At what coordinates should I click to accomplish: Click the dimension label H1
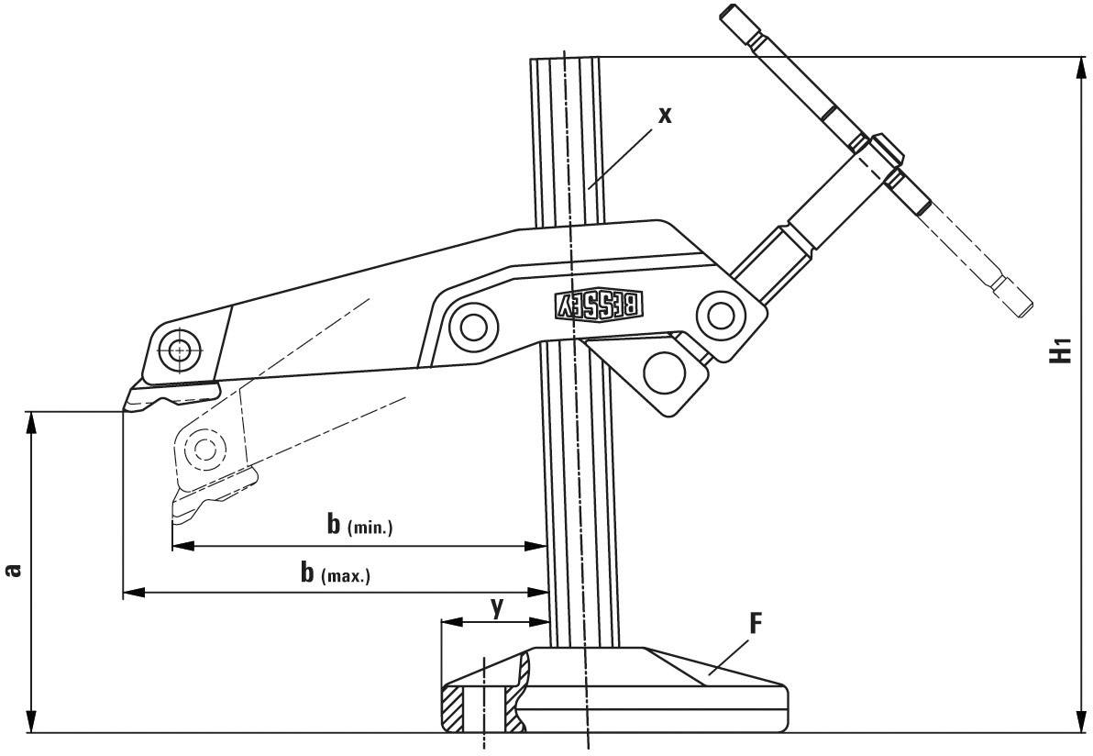1061,350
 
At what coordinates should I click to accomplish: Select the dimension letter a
13,571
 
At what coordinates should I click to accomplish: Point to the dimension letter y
496,606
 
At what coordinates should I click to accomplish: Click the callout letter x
666,115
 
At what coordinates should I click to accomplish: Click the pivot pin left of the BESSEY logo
473,326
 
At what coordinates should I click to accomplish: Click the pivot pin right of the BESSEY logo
720,315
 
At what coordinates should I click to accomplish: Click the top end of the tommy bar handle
729,15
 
